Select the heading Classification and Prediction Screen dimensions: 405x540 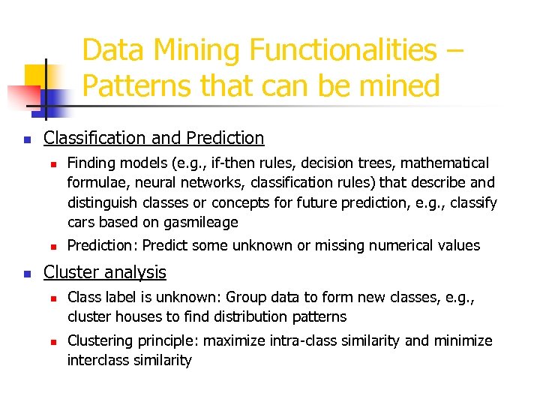(x=154, y=138)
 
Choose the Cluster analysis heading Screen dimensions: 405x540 (x=105, y=272)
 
